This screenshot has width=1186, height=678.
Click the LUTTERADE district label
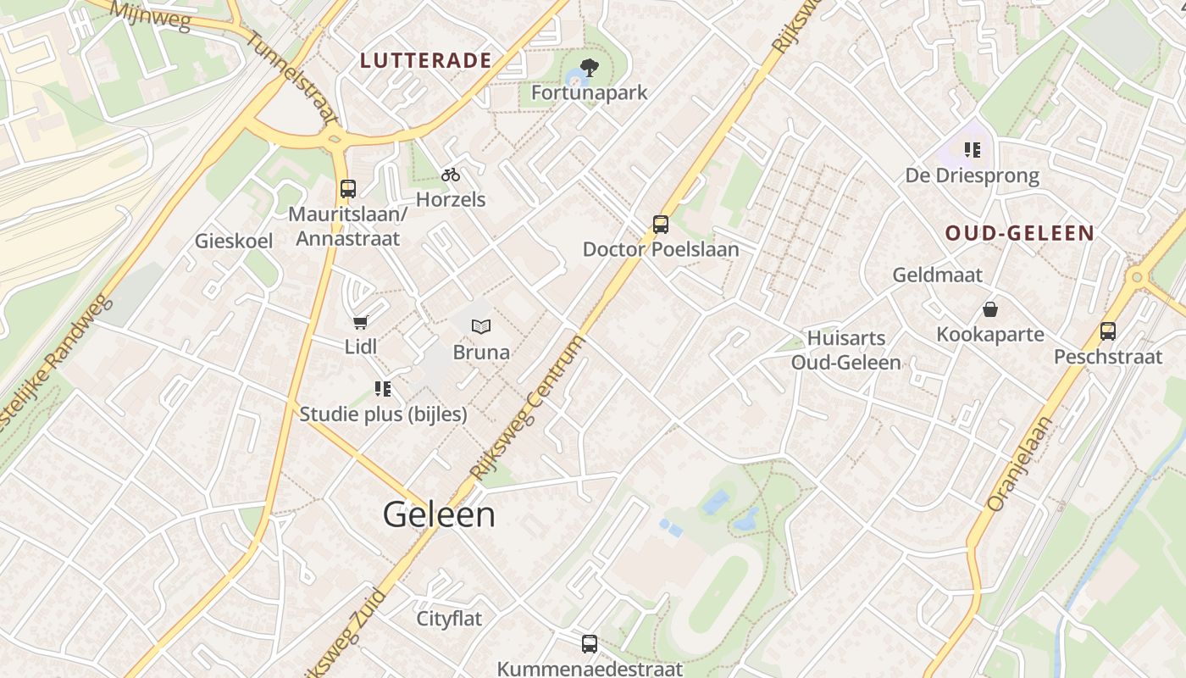tap(425, 60)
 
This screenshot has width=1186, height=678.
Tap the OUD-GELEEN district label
tap(1020, 233)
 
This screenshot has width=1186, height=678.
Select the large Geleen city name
tap(439, 514)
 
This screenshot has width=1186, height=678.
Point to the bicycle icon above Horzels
tap(451, 175)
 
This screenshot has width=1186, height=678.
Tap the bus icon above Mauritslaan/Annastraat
tap(347, 188)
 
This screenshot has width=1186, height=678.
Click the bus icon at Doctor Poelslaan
tap(661, 225)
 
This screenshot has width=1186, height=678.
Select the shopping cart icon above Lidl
tap(361, 322)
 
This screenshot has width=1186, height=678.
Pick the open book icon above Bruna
tap(481, 326)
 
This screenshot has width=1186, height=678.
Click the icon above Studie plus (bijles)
tap(383, 389)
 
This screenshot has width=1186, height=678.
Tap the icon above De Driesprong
tap(973, 150)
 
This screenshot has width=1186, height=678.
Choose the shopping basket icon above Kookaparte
tap(989, 309)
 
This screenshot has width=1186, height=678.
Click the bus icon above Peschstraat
tap(1108, 331)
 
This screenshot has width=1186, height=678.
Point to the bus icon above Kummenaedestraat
tap(590, 644)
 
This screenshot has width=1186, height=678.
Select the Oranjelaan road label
tap(1019, 464)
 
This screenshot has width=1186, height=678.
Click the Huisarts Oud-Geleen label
tap(845, 350)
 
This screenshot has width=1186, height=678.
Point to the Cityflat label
tap(449, 619)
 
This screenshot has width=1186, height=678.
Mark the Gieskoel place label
tap(234, 241)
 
